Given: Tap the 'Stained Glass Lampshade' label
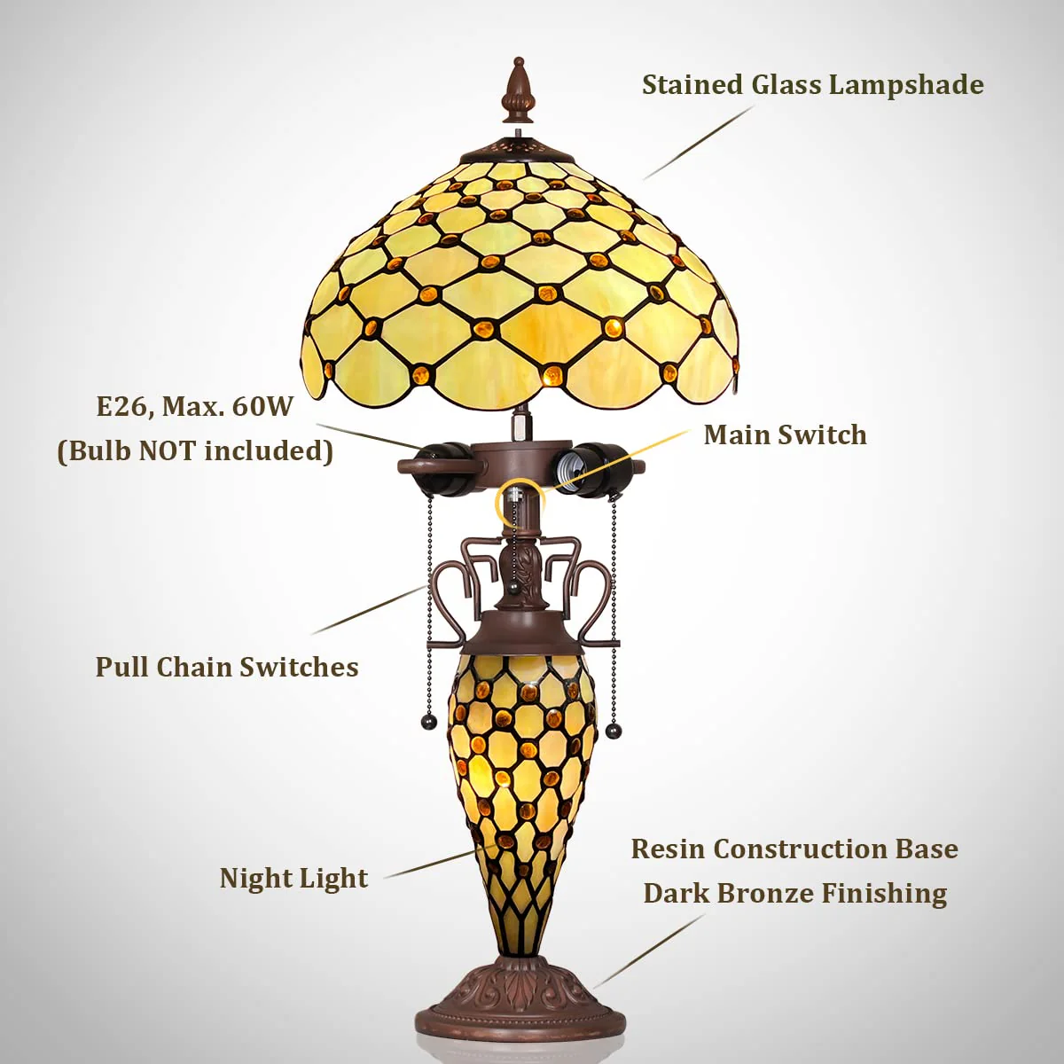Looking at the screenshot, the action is coord(813,86).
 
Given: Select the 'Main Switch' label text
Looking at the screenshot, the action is coord(786,435).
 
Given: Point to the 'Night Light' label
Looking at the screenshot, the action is coord(293,879).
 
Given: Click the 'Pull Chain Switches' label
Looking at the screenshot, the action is coord(227,667).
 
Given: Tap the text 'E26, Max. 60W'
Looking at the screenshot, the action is coord(194,408).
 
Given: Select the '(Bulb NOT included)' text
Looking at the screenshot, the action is coord(195,451).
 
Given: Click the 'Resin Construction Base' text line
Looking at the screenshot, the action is coord(794,849).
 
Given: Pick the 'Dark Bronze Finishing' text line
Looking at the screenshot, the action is coord(795,893).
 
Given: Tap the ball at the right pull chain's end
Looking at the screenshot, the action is coord(613,731).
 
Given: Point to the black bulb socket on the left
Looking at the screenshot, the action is coord(442,466).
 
